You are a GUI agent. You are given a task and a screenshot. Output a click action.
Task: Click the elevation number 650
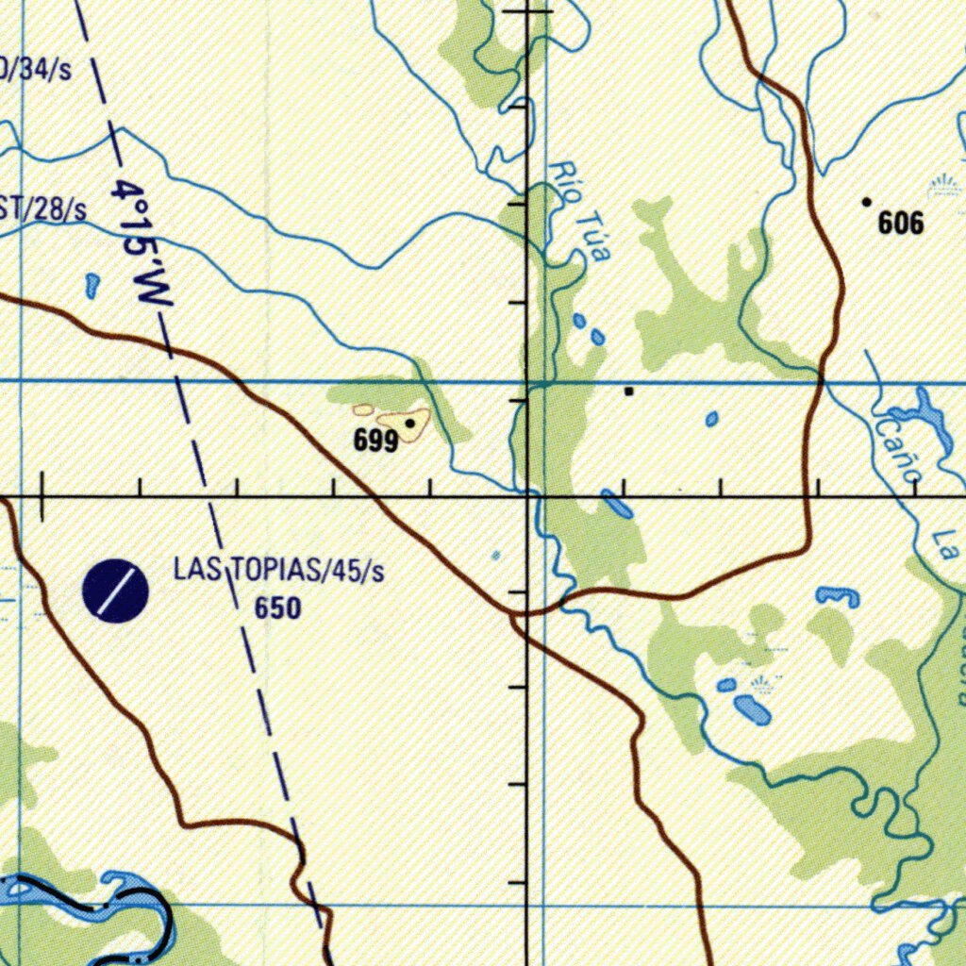tap(277, 608)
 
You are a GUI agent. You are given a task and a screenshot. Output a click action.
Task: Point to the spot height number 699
tap(375, 441)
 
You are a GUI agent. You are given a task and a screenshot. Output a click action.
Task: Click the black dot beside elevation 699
tap(409, 424)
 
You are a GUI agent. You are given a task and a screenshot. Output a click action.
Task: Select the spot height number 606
tap(900, 224)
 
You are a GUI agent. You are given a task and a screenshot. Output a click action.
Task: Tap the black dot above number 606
tap(866, 201)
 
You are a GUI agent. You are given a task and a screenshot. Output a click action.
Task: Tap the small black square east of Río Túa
tap(629, 391)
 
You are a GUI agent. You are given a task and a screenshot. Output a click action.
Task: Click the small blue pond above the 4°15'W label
tap(92, 285)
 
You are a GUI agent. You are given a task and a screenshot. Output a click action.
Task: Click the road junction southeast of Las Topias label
tap(515, 616)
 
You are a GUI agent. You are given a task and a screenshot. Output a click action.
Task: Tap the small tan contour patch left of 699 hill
tap(363, 410)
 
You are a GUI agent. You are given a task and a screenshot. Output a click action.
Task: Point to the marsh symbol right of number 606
tap(943, 186)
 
